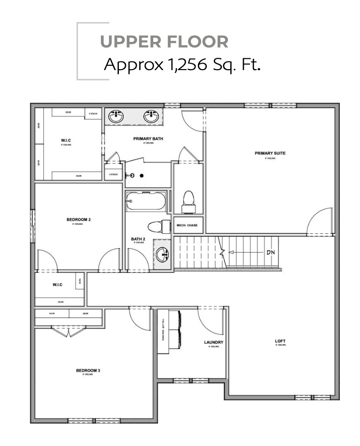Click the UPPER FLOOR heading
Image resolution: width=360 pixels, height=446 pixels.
pyautogui.click(x=164, y=41)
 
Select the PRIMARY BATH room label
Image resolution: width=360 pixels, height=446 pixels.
pyautogui.click(x=148, y=139)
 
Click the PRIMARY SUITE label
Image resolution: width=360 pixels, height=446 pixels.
pyautogui.click(x=270, y=153)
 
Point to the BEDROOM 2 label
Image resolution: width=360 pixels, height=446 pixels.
pyautogui.click(x=78, y=220)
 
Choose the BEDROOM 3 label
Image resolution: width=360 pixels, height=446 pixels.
pyautogui.click(x=88, y=371)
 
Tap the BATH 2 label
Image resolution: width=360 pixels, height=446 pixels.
pyautogui.click(x=137, y=239)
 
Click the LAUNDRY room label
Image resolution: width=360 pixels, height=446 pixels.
pyautogui.click(x=213, y=342)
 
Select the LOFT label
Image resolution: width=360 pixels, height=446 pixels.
pyautogui.click(x=280, y=341)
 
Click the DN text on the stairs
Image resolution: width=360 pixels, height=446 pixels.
pyautogui.click(x=270, y=252)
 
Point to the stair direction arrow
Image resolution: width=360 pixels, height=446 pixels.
pyautogui.click(x=244, y=253)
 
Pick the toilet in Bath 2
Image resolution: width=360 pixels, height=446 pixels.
pyautogui.click(x=157, y=227)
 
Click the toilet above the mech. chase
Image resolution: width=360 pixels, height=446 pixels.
pyautogui.click(x=188, y=199)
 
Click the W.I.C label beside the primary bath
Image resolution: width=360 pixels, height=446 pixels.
pyautogui.click(x=66, y=140)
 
